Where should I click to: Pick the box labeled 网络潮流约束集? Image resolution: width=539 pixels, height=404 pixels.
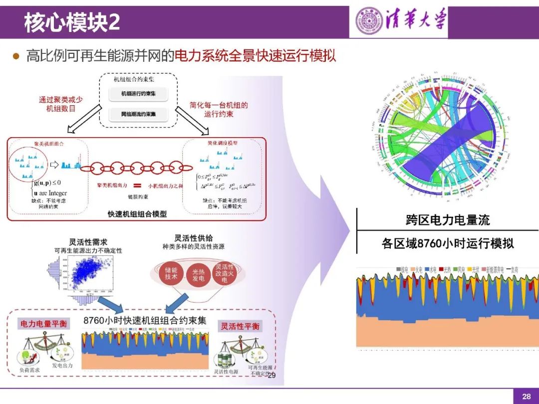pos(138,114)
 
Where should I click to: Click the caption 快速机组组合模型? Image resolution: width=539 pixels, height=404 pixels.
pos(137,214)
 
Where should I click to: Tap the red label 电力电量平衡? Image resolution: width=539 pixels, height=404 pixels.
pos(42,324)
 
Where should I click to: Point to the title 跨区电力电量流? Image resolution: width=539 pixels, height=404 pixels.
pos(448,219)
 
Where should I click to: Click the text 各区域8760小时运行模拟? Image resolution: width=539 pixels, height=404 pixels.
pos(448,243)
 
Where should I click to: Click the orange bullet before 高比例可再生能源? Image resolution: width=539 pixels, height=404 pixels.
pos(16,56)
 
